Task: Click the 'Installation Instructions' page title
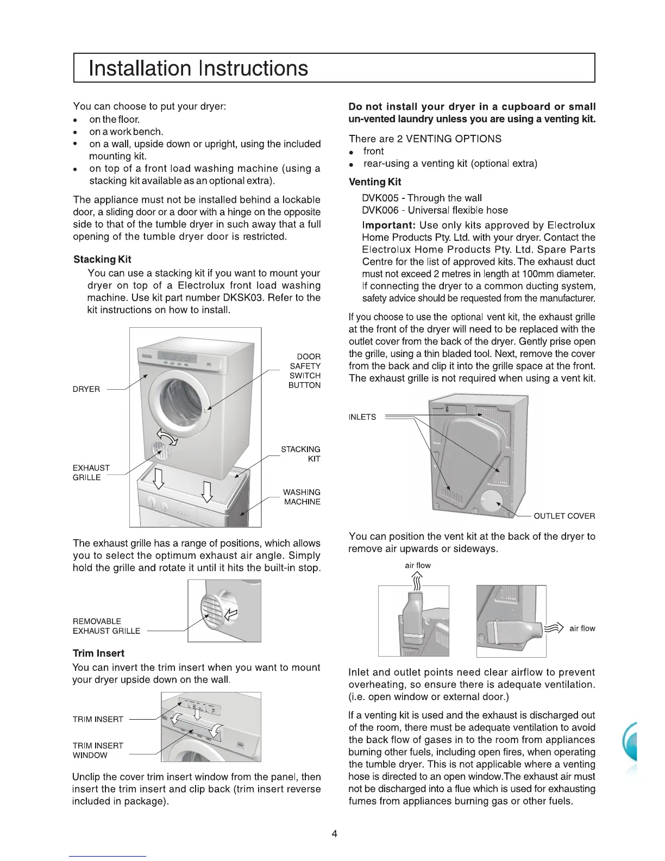point(198,68)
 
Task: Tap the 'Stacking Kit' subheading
point(102,259)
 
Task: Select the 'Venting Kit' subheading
point(375,182)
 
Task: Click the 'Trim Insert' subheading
point(98,653)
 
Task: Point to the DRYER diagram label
point(86,389)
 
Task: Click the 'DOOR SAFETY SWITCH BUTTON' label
point(305,371)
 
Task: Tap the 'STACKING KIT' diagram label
point(300,454)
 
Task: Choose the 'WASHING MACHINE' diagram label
point(302,497)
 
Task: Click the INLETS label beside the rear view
point(362,417)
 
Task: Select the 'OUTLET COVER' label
point(564,516)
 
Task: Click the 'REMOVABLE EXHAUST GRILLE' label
point(106,626)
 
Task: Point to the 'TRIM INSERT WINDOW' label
point(98,750)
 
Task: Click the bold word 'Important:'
point(389,225)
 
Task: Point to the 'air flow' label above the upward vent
point(418,565)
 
